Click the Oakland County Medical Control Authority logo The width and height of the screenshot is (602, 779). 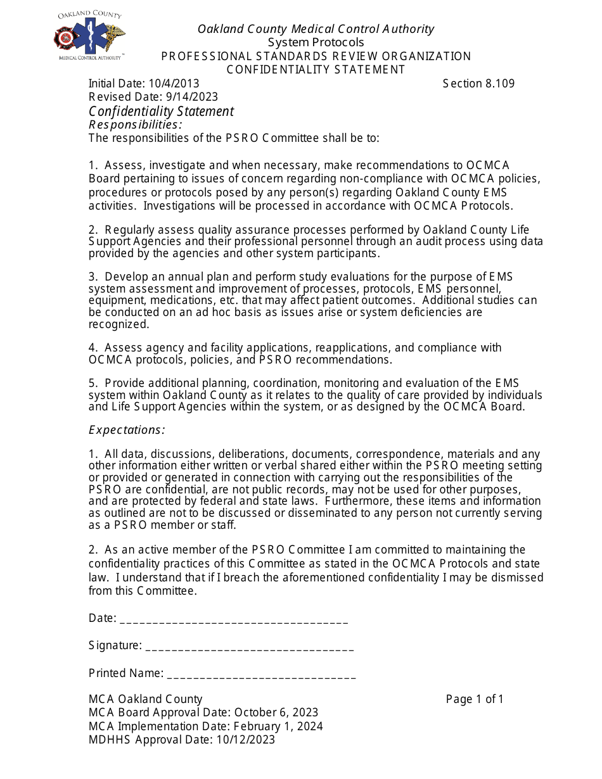click(x=89, y=36)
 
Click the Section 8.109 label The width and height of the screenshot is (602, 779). click(x=478, y=84)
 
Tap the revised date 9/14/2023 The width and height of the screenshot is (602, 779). click(x=192, y=97)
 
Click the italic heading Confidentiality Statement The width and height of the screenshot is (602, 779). click(x=161, y=111)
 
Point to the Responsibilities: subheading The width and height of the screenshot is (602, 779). click(x=135, y=125)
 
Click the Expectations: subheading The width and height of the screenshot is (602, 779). click(x=127, y=430)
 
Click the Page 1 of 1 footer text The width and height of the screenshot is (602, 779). click(x=475, y=699)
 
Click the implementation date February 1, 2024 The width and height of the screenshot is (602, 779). click(x=278, y=726)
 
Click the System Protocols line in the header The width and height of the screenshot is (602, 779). click(x=316, y=42)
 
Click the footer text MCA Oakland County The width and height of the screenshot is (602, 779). click(x=145, y=699)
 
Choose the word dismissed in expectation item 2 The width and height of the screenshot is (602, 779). click(x=516, y=578)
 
